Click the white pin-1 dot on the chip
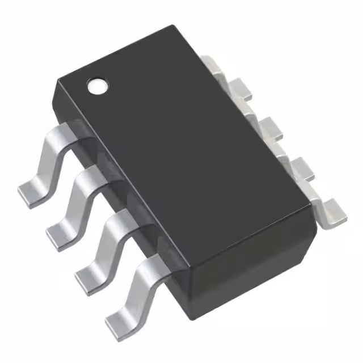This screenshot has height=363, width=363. [97, 85]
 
